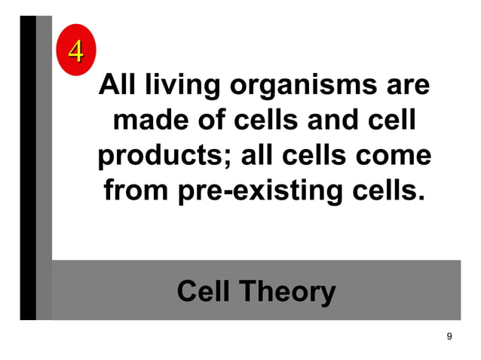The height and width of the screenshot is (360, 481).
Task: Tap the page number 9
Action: click(449, 336)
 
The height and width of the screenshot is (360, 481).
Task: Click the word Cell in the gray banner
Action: click(204, 291)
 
